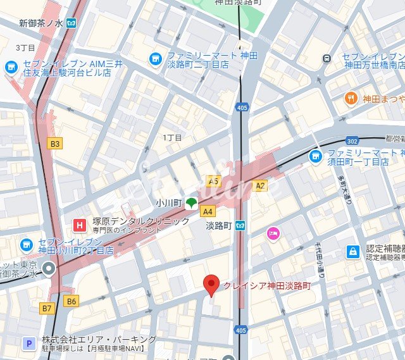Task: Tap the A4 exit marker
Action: point(208,211)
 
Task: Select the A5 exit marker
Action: point(214,181)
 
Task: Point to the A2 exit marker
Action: point(259,185)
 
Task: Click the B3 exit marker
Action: point(56,144)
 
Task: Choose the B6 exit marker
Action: point(71,301)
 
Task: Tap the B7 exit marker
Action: point(47,308)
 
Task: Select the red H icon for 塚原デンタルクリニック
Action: point(80,225)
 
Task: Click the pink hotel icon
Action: point(272,233)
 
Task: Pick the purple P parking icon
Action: point(28,343)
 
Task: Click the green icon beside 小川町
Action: point(190,203)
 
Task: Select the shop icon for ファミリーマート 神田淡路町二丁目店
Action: point(155,59)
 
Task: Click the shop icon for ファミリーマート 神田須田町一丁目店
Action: point(315,155)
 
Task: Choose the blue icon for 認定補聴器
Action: point(352,252)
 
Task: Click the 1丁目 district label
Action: point(172,137)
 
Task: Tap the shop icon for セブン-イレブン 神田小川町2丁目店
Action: point(27,244)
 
